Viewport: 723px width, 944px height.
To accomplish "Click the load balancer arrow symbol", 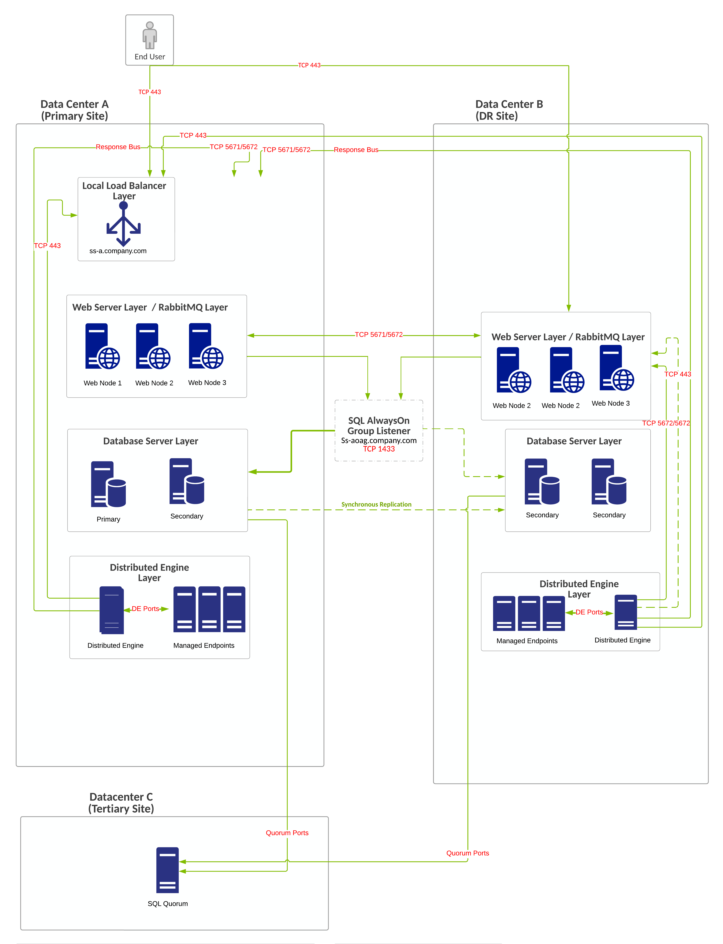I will coord(124,224).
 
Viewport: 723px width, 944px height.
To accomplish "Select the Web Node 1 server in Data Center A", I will coord(102,347).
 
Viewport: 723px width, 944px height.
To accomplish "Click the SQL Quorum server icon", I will coord(167,870).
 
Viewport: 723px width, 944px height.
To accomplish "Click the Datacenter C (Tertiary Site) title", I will coord(121,803).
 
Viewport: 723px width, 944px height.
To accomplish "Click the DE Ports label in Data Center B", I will coord(589,612).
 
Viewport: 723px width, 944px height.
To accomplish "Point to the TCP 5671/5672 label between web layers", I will coord(379,335).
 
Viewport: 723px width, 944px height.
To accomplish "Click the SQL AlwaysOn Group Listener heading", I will coord(379,426).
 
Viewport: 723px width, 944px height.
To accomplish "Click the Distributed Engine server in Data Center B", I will coord(625,612).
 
